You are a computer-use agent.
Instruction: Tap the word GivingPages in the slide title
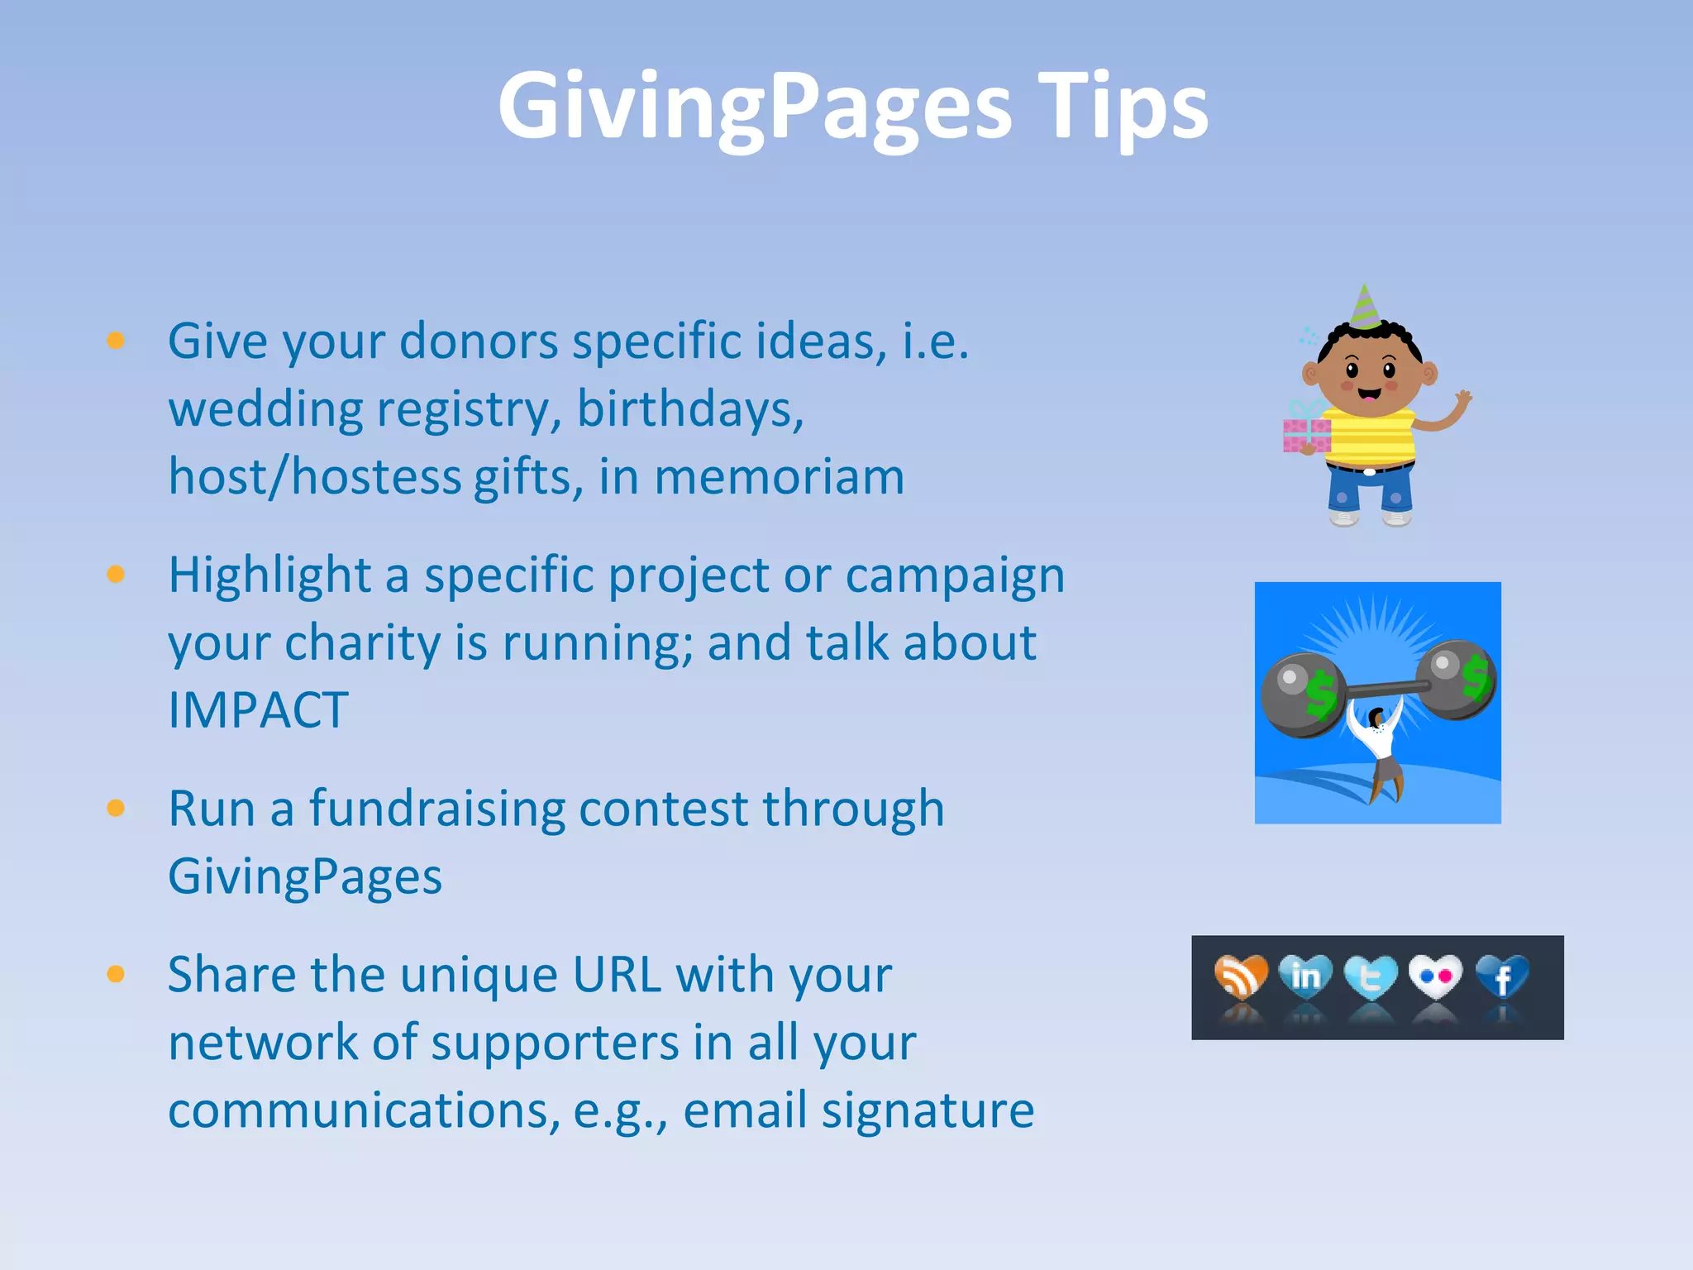point(755,108)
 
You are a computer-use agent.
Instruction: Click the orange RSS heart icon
point(1241,976)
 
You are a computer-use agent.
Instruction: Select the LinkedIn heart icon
point(1305,976)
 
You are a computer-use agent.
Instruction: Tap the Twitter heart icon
point(1370,978)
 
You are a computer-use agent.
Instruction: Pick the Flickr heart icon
point(1435,976)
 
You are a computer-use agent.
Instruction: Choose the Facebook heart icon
point(1502,977)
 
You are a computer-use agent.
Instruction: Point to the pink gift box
point(1306,433)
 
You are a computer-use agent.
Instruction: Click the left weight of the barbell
point(1300,695)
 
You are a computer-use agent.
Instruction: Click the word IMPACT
point(258,710)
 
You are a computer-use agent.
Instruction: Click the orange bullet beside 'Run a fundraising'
point(116,808)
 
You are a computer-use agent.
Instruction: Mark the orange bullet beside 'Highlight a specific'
point(116,574)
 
